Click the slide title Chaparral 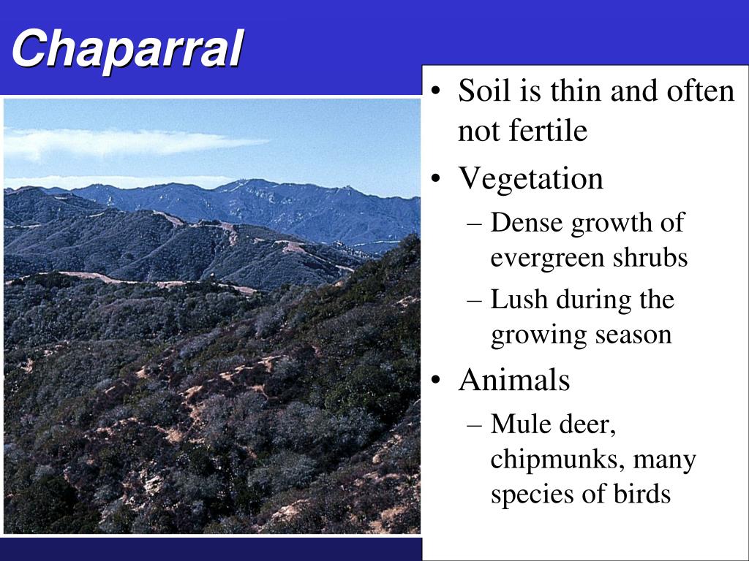[x=127, y=50]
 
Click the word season [x=633, y=335]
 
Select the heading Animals [x=513, y=381]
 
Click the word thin [x=576, y=91]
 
